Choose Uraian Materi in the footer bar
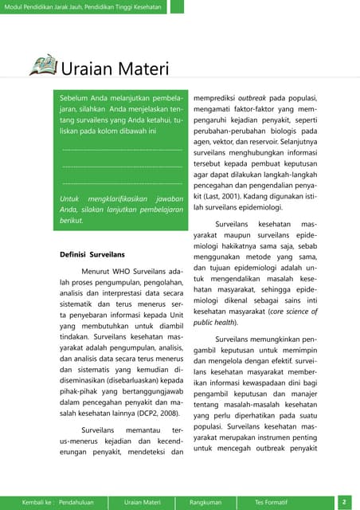tap(143, 502)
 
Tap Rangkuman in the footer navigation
tap(205, 502)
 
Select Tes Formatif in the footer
tap(271, 502)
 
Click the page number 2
tap(343, 502)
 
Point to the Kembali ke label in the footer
tap(37, 502)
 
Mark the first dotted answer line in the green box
tap(122, 149)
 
